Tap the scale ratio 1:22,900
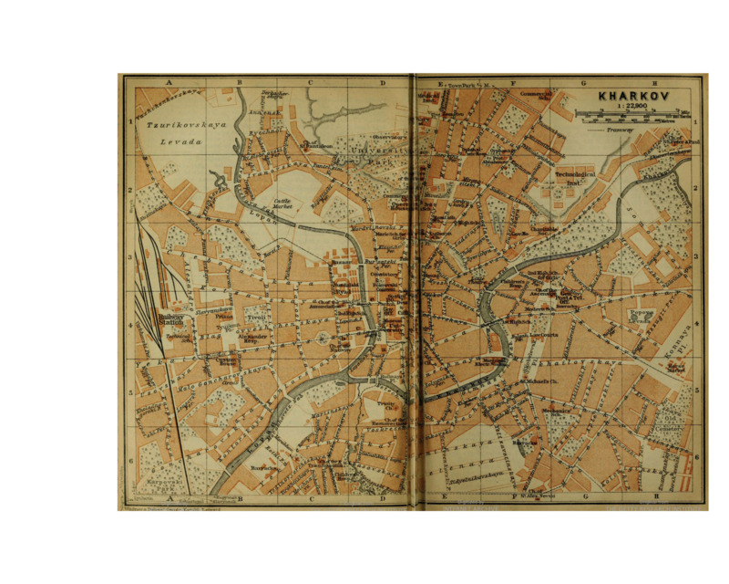(633, 107)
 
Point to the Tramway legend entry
(629, 130)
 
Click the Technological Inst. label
(574, 175)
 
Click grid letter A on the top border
(169, 83)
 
